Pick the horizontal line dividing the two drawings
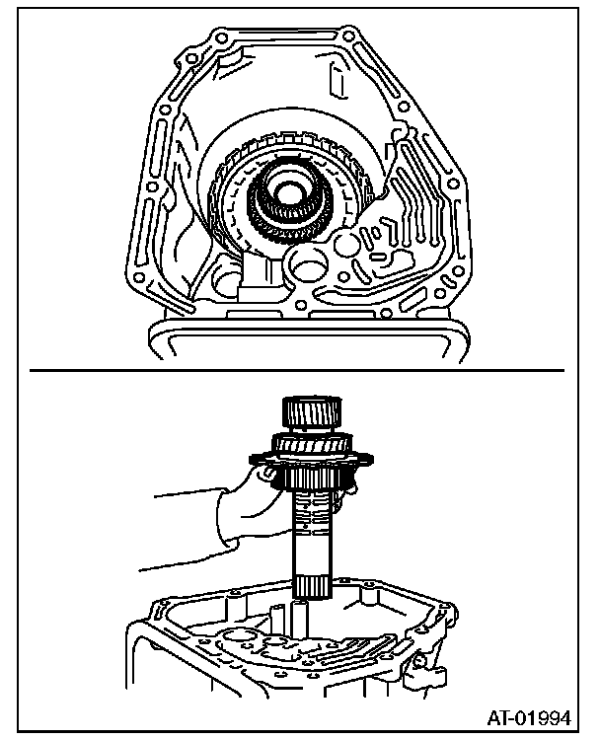tap(296, 370)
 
